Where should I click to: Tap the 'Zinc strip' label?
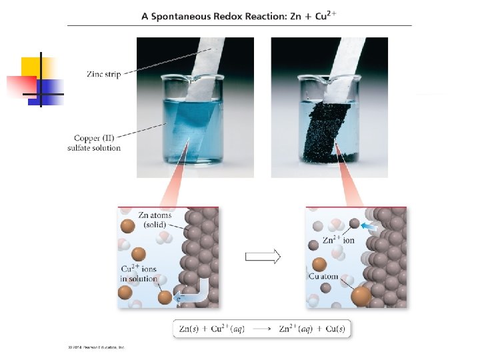click(x=103, y=74)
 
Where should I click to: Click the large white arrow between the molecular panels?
click(x=262, y=256)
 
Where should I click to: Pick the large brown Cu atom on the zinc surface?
click(x=361, y=294)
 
